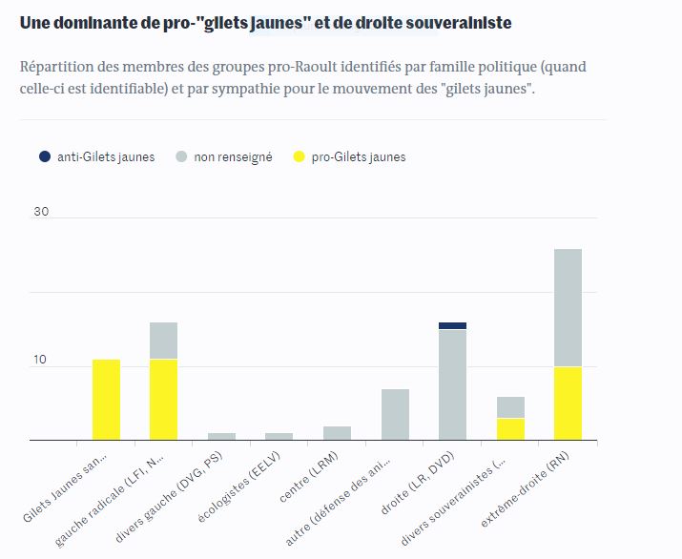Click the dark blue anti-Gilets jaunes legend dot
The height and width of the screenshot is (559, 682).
click(44, 156)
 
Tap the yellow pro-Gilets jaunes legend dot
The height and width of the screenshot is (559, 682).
click(299, 156)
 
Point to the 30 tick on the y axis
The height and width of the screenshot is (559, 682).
click(41, 212)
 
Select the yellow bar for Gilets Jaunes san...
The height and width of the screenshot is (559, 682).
click(106, 400)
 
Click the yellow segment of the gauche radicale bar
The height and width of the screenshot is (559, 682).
click(164, 400)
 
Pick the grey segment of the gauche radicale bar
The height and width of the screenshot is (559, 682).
click(164, 341)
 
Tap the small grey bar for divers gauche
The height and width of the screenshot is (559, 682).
click(221, 437)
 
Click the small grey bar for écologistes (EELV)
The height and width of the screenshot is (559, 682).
click(279, 437)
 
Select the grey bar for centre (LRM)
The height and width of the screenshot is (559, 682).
click(337, 433)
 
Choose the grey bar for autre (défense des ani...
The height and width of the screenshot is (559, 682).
click(395, 415)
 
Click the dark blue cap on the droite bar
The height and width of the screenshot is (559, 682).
click(452, 325)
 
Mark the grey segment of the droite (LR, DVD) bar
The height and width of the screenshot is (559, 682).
click(452, 384)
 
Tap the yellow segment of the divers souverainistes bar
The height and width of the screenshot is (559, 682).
click(510, 429)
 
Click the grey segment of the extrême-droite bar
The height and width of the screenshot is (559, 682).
click(568, 307)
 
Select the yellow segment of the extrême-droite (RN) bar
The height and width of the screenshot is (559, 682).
click(568, 404)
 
